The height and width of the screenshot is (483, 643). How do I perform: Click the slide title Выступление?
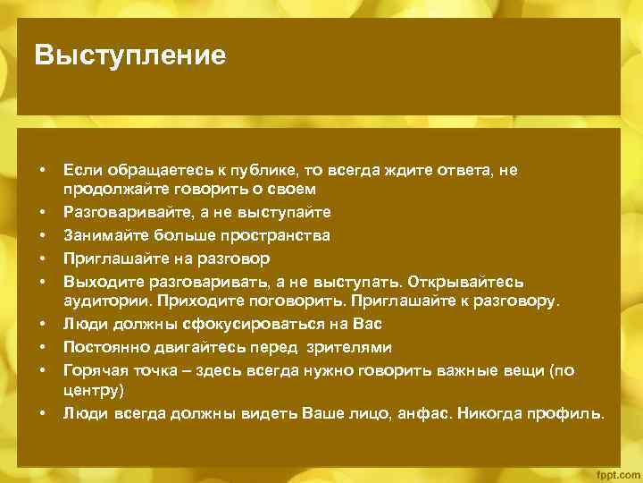click(130, 56)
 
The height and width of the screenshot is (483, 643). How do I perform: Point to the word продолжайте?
click(108, 190)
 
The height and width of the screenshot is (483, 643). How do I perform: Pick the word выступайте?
click(284, 212)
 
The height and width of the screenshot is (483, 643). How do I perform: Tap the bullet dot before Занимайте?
click(42, 235)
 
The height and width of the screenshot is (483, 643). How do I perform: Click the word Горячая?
click(93, 369)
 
